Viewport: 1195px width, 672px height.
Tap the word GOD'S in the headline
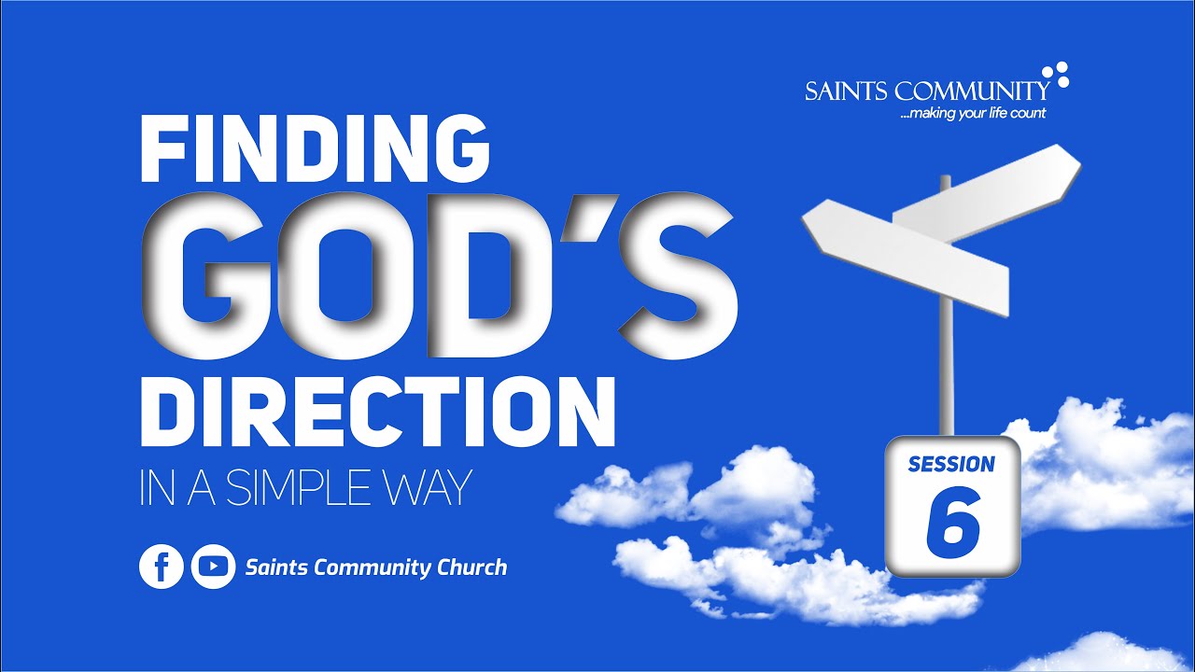click(439, 278)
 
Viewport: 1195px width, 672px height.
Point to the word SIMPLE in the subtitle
click(297, 488)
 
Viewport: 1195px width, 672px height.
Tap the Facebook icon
click(162, 567)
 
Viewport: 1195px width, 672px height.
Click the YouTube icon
click(213, 567)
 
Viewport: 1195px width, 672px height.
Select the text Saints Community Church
click(375, 567)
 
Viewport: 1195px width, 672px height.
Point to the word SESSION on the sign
click(951, 464)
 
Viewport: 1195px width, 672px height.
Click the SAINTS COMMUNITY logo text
click(927, 91)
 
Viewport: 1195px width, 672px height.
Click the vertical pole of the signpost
click(948, 373)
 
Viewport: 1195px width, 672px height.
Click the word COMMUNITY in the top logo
click(971, 91)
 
